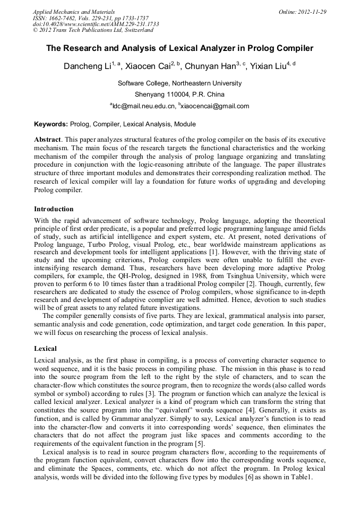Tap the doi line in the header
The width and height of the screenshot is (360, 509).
[x=96, y=24]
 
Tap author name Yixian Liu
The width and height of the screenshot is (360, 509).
[x=269, y=67]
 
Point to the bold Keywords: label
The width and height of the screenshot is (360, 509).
[x=51, y=124]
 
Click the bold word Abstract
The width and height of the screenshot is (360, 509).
[x=48, y=139]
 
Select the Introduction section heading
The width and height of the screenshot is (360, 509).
[x=54, y=209]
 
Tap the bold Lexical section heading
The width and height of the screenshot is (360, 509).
[x=46, y=349]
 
